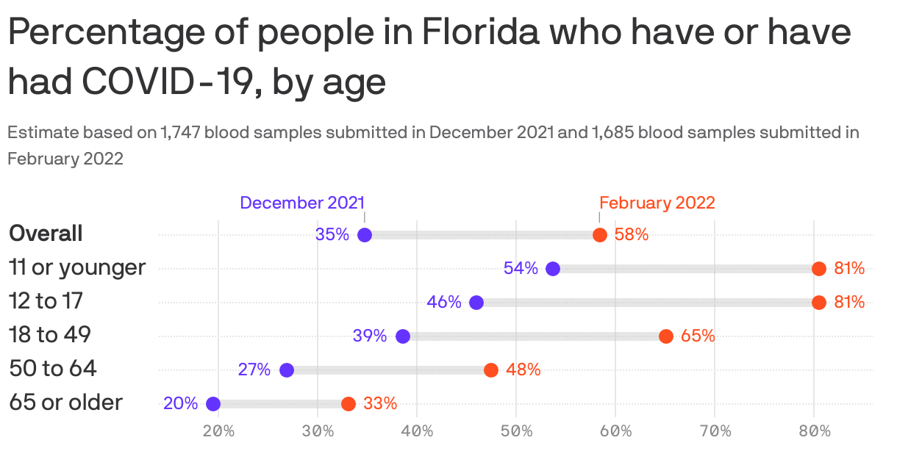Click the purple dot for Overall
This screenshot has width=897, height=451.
365,235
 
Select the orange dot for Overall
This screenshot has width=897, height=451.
600,235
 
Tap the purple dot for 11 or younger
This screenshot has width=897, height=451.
553,269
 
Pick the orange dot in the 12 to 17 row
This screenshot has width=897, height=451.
818,303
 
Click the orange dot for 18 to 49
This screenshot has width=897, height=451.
666,336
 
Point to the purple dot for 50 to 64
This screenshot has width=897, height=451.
287,370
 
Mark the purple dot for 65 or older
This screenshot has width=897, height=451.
213,404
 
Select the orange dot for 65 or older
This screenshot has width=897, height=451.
349,404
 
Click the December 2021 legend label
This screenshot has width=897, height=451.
302,203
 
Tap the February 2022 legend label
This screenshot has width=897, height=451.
657,203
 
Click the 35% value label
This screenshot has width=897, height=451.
332,235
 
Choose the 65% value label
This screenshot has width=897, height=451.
698,336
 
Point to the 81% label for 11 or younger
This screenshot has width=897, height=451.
849,269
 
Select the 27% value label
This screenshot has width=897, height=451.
254,370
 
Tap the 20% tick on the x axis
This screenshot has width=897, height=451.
218,430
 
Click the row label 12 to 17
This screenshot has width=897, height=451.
46,301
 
